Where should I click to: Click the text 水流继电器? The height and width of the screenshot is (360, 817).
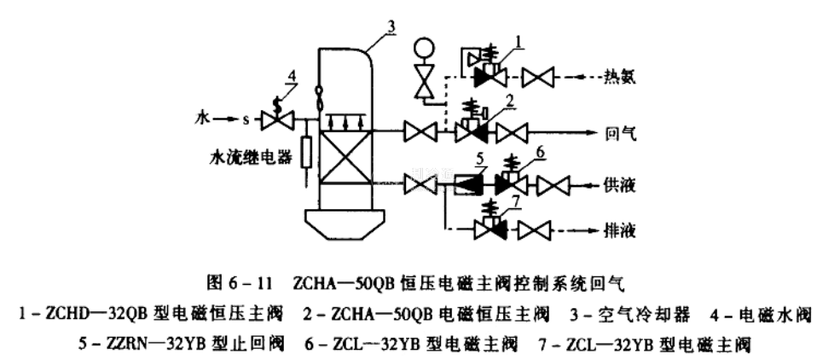coord(249,159)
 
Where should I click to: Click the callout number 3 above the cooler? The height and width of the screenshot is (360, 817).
coord(391,26)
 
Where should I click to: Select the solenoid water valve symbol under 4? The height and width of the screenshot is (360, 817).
coord(276,122)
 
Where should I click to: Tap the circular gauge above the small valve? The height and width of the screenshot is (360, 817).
coord(424,49)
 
